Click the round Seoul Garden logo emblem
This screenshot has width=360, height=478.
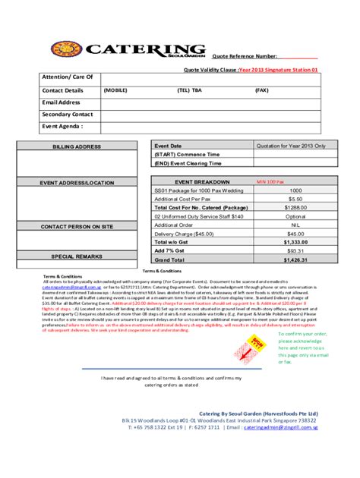coord(66,50)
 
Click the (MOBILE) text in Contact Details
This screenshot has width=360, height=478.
coord(115,90)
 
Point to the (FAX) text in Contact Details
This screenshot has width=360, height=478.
coord(261,90)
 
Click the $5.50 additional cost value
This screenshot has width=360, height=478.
coord(295,199)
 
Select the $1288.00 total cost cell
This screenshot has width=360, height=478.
coord(295,207)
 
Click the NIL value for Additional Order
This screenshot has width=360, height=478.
coord(295,225)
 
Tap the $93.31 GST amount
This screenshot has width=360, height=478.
coord(295,250)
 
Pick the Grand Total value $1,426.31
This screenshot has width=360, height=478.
coord(295,259)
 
